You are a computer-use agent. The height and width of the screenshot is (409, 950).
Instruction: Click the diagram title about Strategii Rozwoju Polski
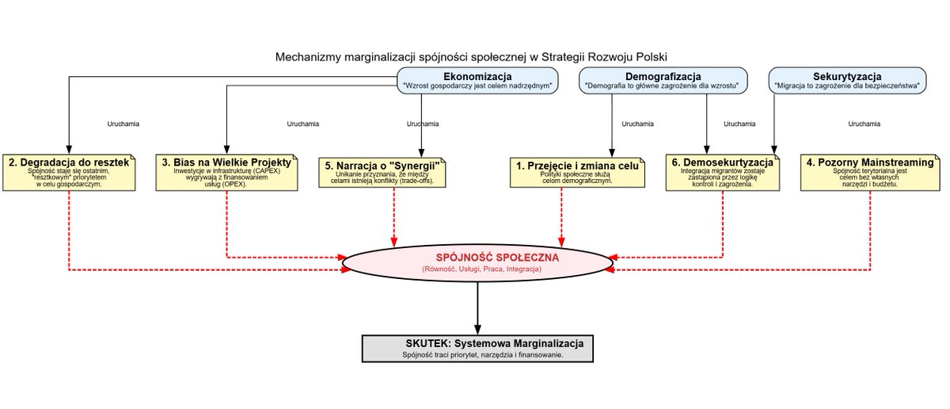472,57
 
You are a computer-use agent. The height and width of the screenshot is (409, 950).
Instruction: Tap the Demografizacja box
660,80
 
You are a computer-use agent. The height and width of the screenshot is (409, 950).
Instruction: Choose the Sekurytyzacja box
847,80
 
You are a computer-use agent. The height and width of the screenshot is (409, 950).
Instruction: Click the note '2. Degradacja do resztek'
69,172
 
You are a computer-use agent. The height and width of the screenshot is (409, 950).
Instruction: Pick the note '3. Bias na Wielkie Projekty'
227,172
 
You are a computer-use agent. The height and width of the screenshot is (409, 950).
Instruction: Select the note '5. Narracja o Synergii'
387,173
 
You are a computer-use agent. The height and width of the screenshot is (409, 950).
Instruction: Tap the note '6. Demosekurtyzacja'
722,172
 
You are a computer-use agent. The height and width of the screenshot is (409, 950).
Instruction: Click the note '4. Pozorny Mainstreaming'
872,172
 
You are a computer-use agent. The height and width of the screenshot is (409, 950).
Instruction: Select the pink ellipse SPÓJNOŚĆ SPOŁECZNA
477,263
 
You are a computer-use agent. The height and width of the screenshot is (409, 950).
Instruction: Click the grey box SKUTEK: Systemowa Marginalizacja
477,348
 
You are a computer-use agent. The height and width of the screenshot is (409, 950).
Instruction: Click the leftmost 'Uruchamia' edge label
123,124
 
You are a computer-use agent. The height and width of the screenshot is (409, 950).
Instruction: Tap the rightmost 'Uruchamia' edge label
864,124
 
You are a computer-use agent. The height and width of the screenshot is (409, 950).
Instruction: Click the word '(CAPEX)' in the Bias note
267,171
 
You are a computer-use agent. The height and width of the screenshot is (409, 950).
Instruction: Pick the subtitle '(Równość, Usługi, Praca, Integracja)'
482,270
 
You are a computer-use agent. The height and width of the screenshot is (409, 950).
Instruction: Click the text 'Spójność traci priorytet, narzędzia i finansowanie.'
482,355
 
